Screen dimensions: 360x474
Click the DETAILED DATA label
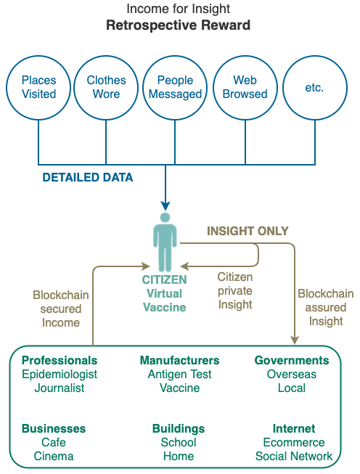coord(88,177)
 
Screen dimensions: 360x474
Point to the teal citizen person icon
coord(165,242)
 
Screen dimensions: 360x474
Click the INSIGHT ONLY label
coord(247,232)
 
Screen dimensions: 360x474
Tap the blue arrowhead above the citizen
coord(165,205)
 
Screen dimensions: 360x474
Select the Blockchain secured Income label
coord(61,308)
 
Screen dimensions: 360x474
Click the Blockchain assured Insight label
coord(326,307)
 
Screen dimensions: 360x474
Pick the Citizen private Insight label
coord(235,290)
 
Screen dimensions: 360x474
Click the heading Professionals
coord(60,360)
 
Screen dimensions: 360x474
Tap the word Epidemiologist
coord(60,375)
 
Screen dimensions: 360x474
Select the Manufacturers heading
coord(179,360)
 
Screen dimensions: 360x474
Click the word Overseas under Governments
coord(292,375)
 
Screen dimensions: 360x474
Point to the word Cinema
coord(54,456)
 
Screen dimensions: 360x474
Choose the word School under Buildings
coord(179,443)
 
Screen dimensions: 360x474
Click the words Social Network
coord(294,456)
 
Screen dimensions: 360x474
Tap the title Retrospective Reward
coord(179,25)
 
